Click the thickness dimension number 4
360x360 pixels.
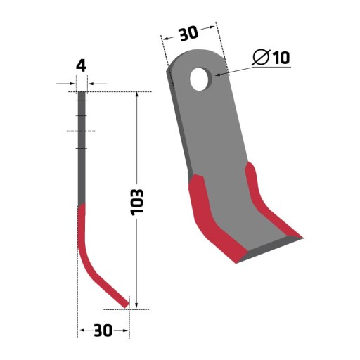coord(82,66)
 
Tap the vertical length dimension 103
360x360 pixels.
coord(137,202)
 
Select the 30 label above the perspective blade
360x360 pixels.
coord(188,34)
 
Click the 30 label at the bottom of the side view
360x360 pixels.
coord(103,330)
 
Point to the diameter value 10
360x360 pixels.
coord(281,57)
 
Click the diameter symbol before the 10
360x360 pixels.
coord(262,57)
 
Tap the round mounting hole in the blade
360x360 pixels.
coord(199,79)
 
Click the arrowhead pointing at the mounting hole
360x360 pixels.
coord(218,75)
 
